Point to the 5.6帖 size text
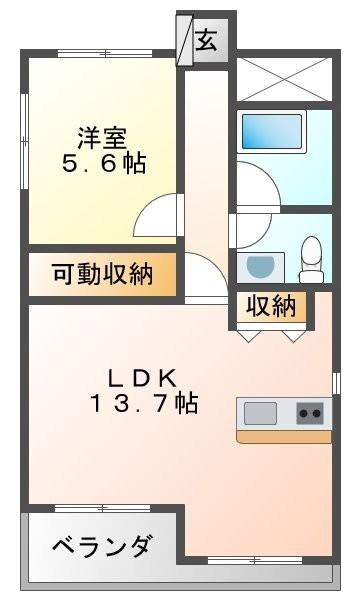[x=103, y=163]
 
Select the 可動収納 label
[x=102, y=273]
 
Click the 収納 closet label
[x=272, y=307]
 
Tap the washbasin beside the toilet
[x=259, y=266]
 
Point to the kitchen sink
[x=261, y=412]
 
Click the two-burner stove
[x=311, y=412]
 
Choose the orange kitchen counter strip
[x=283, y=436]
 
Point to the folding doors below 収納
[x=271, y=334]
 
